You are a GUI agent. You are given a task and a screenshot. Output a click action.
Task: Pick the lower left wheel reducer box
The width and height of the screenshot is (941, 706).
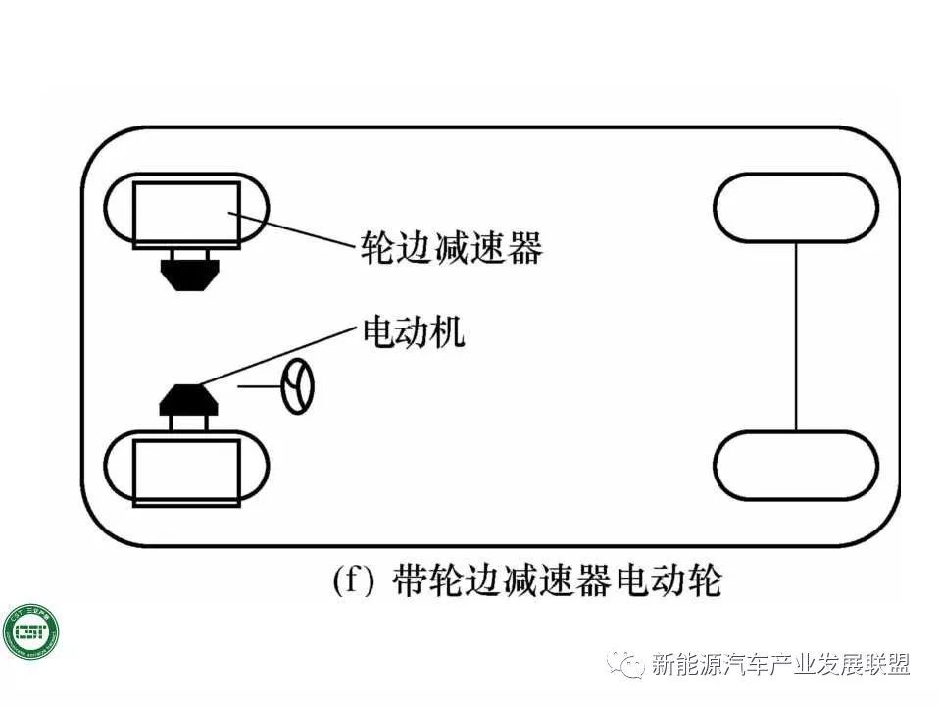tap(186, 472)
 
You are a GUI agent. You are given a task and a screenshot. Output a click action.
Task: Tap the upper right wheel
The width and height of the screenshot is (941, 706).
tap(795, 207)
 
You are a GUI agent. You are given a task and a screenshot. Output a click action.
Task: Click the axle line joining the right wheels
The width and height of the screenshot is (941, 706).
tap(795, 336)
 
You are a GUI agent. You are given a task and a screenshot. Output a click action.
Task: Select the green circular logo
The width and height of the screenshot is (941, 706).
tap(30, 634)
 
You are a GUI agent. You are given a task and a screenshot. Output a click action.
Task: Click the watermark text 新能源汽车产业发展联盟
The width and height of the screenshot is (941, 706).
tap(780, 665)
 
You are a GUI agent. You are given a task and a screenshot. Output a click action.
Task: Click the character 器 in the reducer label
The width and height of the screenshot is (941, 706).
tap(524, 247)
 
